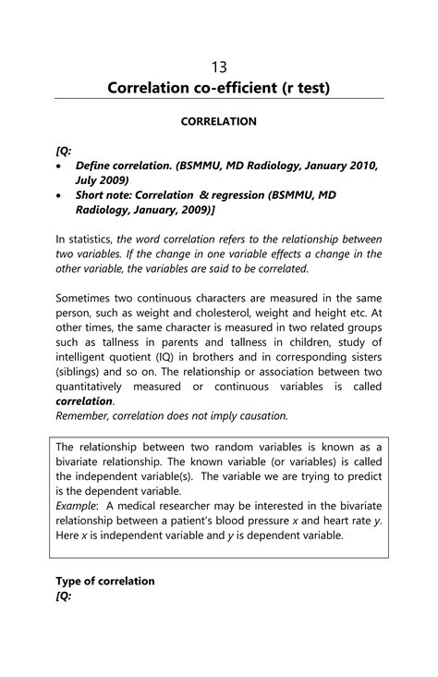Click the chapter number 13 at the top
pos(219,67)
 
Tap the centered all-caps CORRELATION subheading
pos(219,121)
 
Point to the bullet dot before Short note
pos(60,197)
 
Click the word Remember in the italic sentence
pos(89,416)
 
